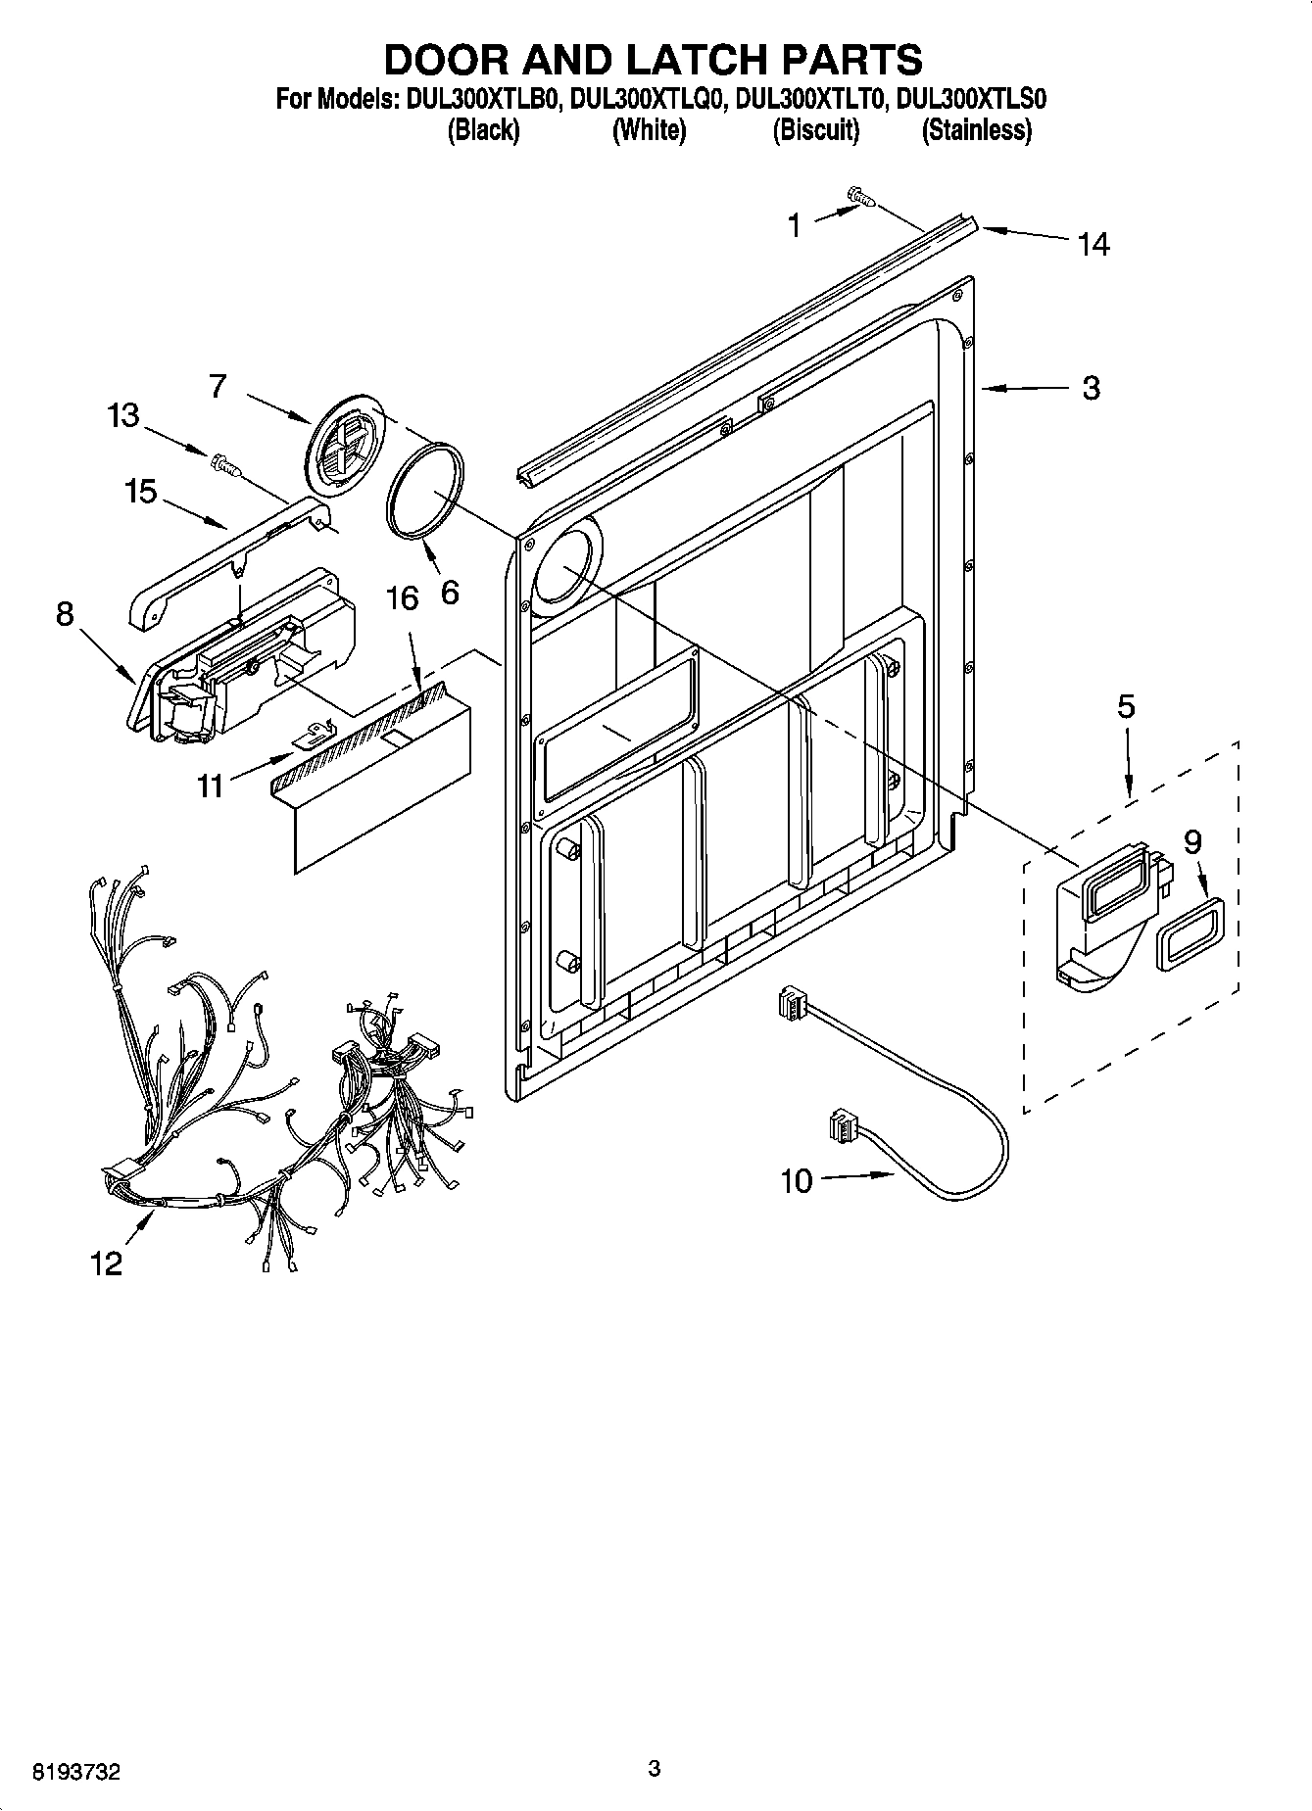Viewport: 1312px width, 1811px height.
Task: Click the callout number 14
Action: point(1093,243)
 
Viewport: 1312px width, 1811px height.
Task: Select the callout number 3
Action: point(1091,388)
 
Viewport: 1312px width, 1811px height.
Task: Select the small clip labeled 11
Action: point(316,731)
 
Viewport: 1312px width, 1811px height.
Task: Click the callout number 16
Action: point(403,597)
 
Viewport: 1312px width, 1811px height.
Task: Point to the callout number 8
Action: point(65,614)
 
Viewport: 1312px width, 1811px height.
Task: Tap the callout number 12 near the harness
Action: point(106,1263)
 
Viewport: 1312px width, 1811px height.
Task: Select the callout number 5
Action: point(1126,706)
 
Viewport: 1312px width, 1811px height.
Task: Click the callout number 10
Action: point(796,1181)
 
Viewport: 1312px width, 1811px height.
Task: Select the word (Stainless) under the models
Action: point(976,130)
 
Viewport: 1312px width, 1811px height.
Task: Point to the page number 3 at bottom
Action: point(655,1768)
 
